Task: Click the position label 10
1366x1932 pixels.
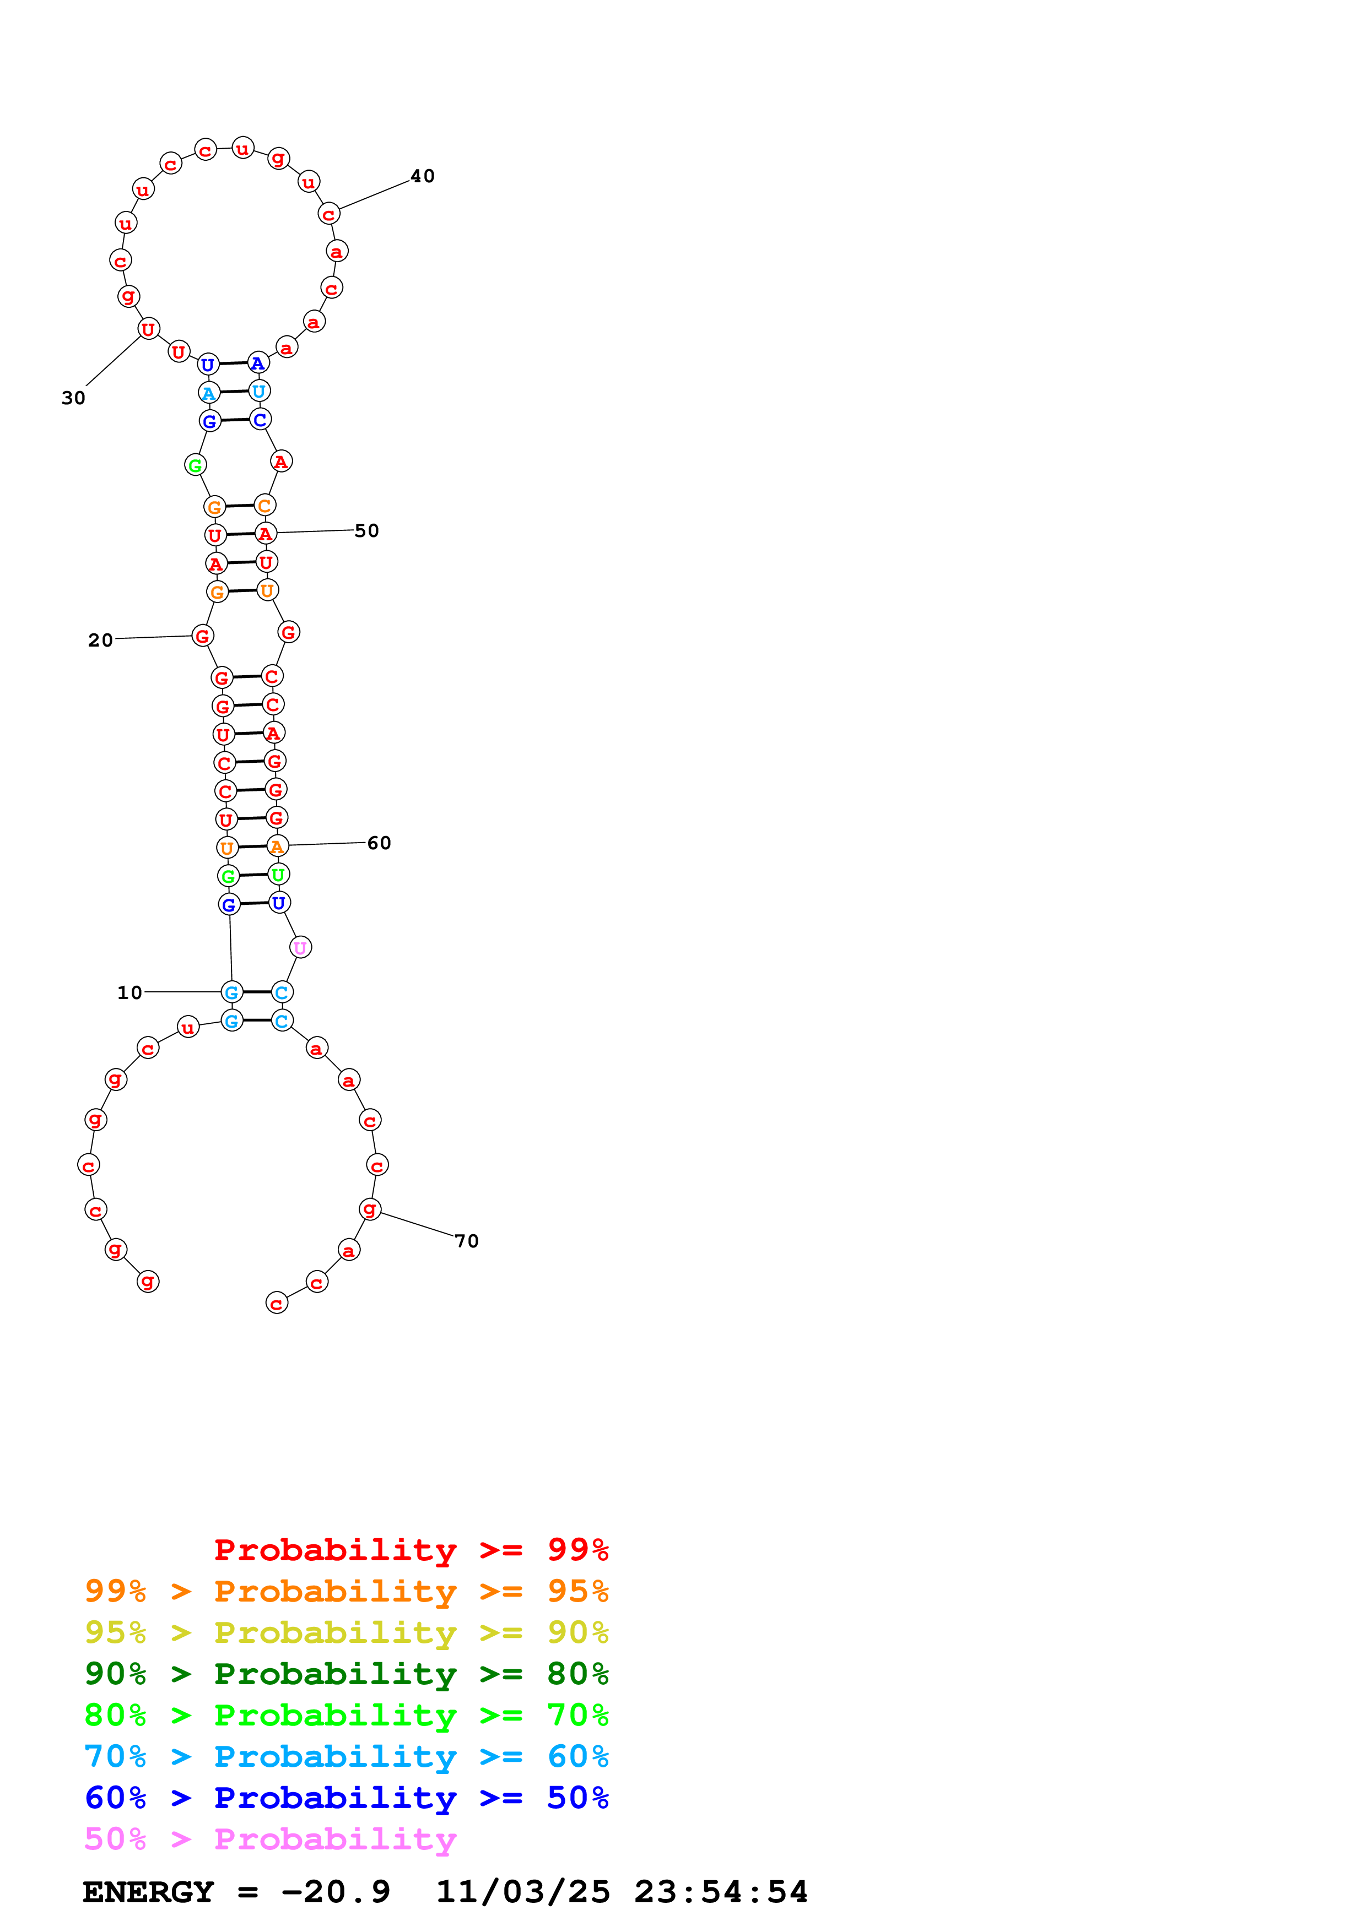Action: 129,993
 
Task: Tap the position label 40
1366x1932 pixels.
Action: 423,176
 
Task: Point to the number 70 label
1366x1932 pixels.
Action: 466,1241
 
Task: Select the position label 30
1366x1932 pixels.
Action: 73,398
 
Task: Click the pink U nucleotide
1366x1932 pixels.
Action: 300,947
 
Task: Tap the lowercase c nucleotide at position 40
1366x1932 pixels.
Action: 329,214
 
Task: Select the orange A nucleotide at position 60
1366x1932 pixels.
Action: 278,846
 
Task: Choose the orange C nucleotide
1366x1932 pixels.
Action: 265,506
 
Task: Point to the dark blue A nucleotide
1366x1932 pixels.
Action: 258,363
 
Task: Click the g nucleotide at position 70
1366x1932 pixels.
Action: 370,1209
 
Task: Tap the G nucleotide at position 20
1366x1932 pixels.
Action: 202,636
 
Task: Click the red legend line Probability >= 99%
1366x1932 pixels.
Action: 411,1550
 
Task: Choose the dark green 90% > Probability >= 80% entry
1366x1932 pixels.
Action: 346,1674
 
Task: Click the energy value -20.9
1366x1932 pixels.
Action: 336,1892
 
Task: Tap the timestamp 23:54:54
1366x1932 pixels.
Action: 720,1892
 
